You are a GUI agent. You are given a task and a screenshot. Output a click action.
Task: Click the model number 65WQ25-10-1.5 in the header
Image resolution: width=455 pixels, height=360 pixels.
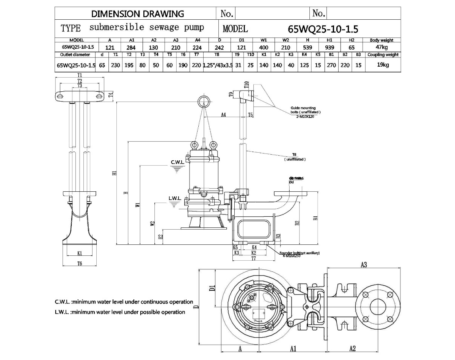323,29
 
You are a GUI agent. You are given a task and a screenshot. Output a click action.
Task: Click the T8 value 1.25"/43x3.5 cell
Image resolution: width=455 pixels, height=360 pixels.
217,65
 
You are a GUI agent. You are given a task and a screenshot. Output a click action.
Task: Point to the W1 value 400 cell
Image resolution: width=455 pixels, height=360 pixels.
264,47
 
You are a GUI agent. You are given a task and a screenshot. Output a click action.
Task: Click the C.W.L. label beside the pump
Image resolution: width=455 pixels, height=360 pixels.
177,162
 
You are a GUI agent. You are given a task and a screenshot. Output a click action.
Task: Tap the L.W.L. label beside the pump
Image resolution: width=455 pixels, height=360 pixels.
176,198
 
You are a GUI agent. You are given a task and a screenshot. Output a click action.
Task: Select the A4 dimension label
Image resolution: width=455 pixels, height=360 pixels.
223,114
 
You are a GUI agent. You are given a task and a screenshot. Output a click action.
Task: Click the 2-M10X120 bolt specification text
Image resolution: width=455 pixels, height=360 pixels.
306,117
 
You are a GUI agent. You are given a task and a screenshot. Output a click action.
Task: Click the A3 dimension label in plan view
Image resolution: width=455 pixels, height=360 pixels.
363,265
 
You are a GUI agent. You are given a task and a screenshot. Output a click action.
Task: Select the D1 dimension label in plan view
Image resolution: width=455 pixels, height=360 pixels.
212,288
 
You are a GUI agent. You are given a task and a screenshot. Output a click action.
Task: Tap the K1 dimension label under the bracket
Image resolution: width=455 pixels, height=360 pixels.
80,253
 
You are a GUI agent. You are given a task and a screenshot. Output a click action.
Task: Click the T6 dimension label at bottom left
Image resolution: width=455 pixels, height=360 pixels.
80,263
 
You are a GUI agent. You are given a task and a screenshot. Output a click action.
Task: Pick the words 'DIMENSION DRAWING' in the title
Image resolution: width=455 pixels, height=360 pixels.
138,14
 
